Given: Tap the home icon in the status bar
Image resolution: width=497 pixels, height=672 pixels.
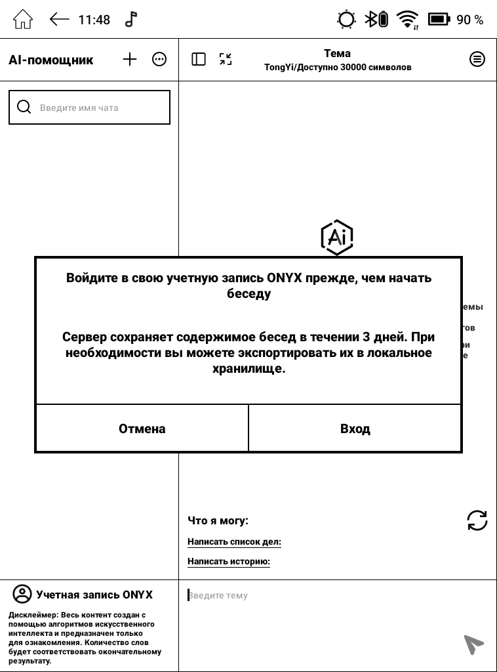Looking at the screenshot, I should pyautogui.click(x=23, y=19).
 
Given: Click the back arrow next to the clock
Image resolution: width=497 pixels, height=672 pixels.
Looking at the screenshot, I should pyautogui.click(x=59, y=19).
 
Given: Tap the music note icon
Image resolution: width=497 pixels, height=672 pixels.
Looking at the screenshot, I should pyautogui.click(x=131, y=19).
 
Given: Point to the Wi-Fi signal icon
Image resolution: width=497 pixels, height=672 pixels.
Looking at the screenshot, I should pyautogui.click(x=408, y=19).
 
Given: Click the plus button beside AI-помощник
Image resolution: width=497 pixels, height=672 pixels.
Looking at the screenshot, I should pyautogui.click(x=130, y=60).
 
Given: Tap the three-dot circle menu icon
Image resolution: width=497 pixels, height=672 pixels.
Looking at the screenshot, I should pyautogui.click(x=159, y=60).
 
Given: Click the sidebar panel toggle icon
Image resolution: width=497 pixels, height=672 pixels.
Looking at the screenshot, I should pyautogui.click(x=199, y=60).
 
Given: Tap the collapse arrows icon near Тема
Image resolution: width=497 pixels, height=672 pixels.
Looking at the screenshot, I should pyautogui.click(x=226, y=60).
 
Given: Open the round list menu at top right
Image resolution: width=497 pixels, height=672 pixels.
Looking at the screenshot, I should pyautogui.click(x=477, y=60).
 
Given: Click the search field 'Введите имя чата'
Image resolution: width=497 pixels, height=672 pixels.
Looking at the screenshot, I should pyautogui.click(x=89, y=108).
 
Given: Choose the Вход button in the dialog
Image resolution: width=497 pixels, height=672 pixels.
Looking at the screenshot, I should pyautogui.click(x=355, y=429).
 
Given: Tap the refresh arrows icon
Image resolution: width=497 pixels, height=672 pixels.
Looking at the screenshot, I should pyautogui.click(x=477, y=520).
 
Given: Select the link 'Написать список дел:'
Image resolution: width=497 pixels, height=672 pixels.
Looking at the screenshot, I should pyautogui.click(x=234, y=542).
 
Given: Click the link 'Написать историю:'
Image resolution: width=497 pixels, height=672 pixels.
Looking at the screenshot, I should pyautogui.click(x=229, y=562).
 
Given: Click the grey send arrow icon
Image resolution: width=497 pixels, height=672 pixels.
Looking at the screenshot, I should pyautogui.click(x=473, y=644).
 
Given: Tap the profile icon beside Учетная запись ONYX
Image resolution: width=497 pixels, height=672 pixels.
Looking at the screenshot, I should pyautogui.click(x=22, y=595).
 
